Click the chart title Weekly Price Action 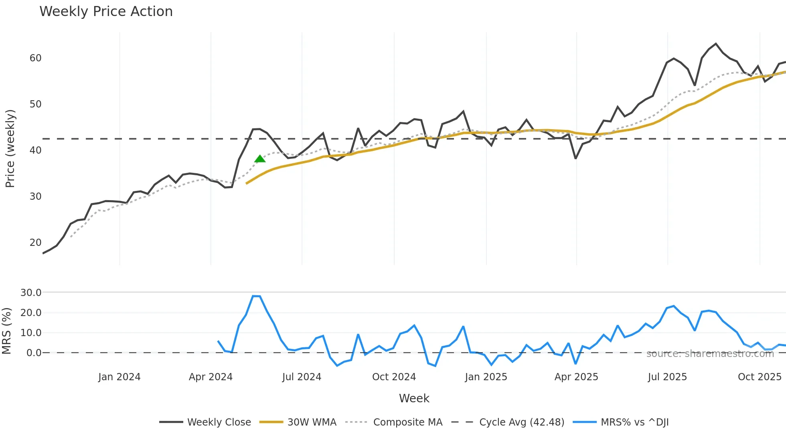tap(106, 12)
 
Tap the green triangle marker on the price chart tap(260, 159)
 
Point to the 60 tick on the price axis tap(35, 58)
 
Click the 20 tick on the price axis tap(35, 243)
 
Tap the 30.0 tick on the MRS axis tap(31, 293)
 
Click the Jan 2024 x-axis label tap(119, 377)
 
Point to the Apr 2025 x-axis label tap(576, 377)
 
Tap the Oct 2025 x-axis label tap(760, 377)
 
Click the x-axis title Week tap(414, 398)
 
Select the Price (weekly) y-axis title tap(10, 148)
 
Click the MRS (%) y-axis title tap(6, 331)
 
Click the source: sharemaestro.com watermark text tap(710, 354)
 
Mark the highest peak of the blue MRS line tap(253, 296)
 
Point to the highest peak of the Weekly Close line tap(716, 44)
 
